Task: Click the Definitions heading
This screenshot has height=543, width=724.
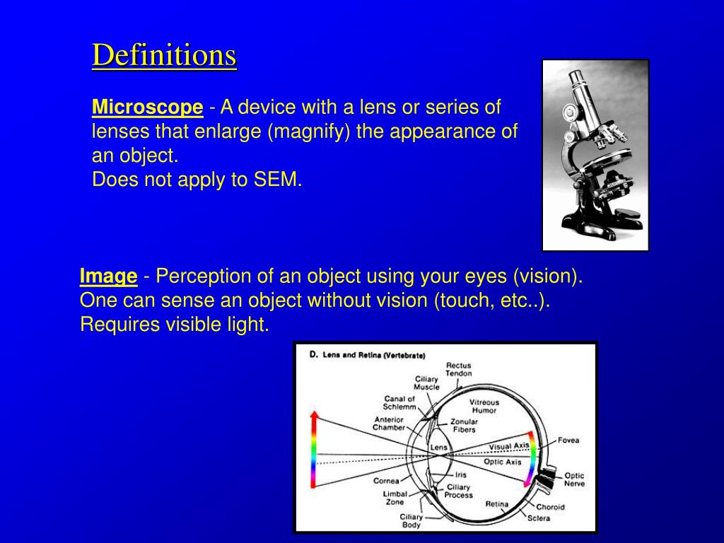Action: [164, 55]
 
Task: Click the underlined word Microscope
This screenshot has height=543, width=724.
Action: [147, 107]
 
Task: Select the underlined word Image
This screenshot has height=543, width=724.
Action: [108, 276]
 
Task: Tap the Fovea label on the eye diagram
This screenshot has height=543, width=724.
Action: [568, 440]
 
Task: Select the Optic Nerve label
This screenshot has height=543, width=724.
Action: [574, 479]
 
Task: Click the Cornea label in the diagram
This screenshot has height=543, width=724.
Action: [386, 481]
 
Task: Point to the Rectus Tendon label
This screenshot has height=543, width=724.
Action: [458, 369]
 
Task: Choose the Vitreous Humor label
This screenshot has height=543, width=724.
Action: [484, 407]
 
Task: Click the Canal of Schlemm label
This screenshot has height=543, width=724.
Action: [399, 402]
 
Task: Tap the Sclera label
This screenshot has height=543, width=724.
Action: [539, 518]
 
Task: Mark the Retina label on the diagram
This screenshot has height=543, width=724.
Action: [497, 503]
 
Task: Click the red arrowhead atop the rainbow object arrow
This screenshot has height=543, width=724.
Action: [315, 414]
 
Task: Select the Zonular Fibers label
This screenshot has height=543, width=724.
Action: [464, 425]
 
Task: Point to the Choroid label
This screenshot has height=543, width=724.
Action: [550, 507]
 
